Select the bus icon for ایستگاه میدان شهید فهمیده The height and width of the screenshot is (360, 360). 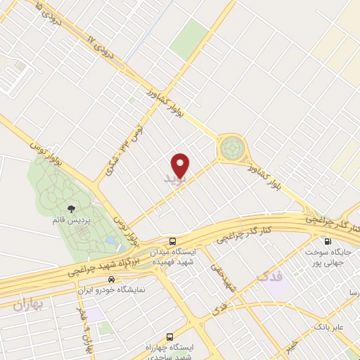pos(172,240)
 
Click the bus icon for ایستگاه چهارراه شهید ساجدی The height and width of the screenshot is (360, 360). pos(169,337)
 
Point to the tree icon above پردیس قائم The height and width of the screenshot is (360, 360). pos(70,208)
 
